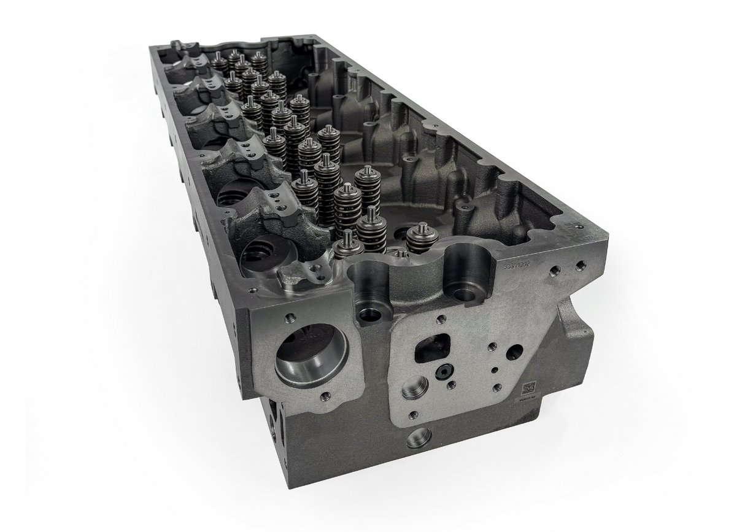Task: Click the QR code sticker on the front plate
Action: [x=528, y=388]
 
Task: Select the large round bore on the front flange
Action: [x=311, y=355]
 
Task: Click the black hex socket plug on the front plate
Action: [x=443, y=371]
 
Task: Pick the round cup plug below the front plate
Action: [x=419, y=438]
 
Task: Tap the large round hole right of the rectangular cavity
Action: [x=514, y=352]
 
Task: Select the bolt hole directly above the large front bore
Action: [x=290, y=318]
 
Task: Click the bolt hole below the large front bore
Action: [x=325, y=396]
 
